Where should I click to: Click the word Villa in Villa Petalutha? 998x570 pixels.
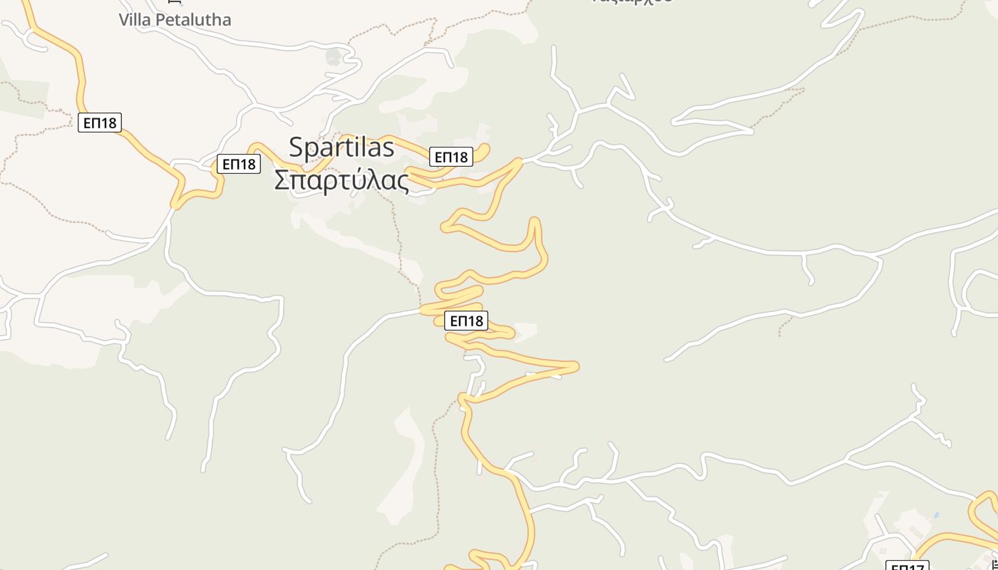[135, 19]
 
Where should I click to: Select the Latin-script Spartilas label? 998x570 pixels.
[341, 147]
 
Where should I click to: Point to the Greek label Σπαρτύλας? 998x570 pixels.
[342, 180]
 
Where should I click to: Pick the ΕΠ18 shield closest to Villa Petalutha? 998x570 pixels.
[100, 123]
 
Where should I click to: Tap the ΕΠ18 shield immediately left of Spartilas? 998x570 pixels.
[239, 164]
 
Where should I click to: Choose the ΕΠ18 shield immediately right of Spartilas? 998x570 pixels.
[451, 157]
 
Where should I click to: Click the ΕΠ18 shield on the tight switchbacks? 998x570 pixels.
[466, 321]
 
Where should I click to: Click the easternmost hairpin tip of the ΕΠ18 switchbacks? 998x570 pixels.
[576, 367]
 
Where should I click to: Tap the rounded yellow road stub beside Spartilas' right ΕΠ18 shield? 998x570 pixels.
[485, 148]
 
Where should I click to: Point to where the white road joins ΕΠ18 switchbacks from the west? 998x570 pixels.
[423, 311]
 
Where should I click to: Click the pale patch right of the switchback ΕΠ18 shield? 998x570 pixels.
[526, 329]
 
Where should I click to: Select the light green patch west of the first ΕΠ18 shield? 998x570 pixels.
[25, 96]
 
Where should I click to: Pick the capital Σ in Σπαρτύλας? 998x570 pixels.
[282, 180]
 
